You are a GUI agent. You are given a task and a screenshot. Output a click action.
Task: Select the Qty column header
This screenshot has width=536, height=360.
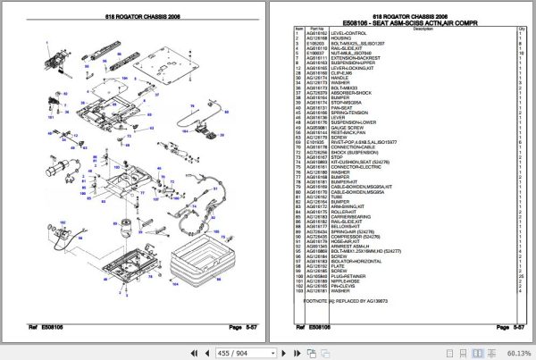click(520, 27)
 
